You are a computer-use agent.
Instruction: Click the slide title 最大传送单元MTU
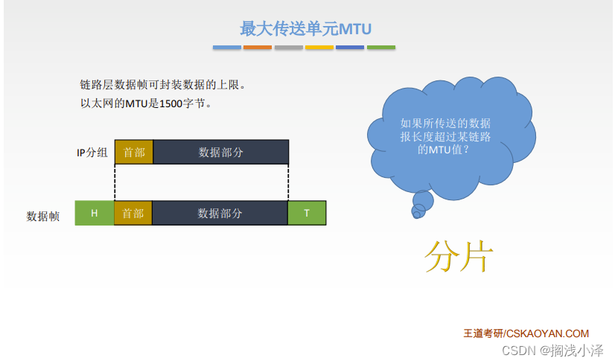pos(305,28)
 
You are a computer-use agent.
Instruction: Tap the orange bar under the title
pos(258,48)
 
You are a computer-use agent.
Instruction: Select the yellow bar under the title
pos(319,48)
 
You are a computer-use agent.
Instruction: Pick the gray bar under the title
pos(289,48)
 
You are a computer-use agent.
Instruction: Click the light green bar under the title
pos(381,48)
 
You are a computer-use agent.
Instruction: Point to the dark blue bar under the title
pos(350,48)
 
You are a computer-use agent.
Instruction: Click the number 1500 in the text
pos(171,103)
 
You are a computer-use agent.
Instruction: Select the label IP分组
pos(92,152)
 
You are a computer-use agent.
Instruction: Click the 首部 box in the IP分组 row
pos(134,152)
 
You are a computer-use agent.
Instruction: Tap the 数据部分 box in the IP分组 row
pos(221,152)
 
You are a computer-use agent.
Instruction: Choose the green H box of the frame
pos(94,213)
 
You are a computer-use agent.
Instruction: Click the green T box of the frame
pos(307,213)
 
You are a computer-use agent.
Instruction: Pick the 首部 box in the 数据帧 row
pos(133,213)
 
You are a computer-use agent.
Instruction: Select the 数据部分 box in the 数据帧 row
pos(220,213)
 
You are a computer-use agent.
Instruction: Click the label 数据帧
pos(42,216)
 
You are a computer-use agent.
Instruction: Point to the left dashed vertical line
pos(115,182)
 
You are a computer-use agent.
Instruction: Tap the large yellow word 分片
pos(459,256)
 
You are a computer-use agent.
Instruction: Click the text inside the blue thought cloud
pos(445,136)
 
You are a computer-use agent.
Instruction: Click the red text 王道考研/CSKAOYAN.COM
pos(526,333)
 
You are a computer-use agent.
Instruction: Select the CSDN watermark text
pos(552,351)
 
